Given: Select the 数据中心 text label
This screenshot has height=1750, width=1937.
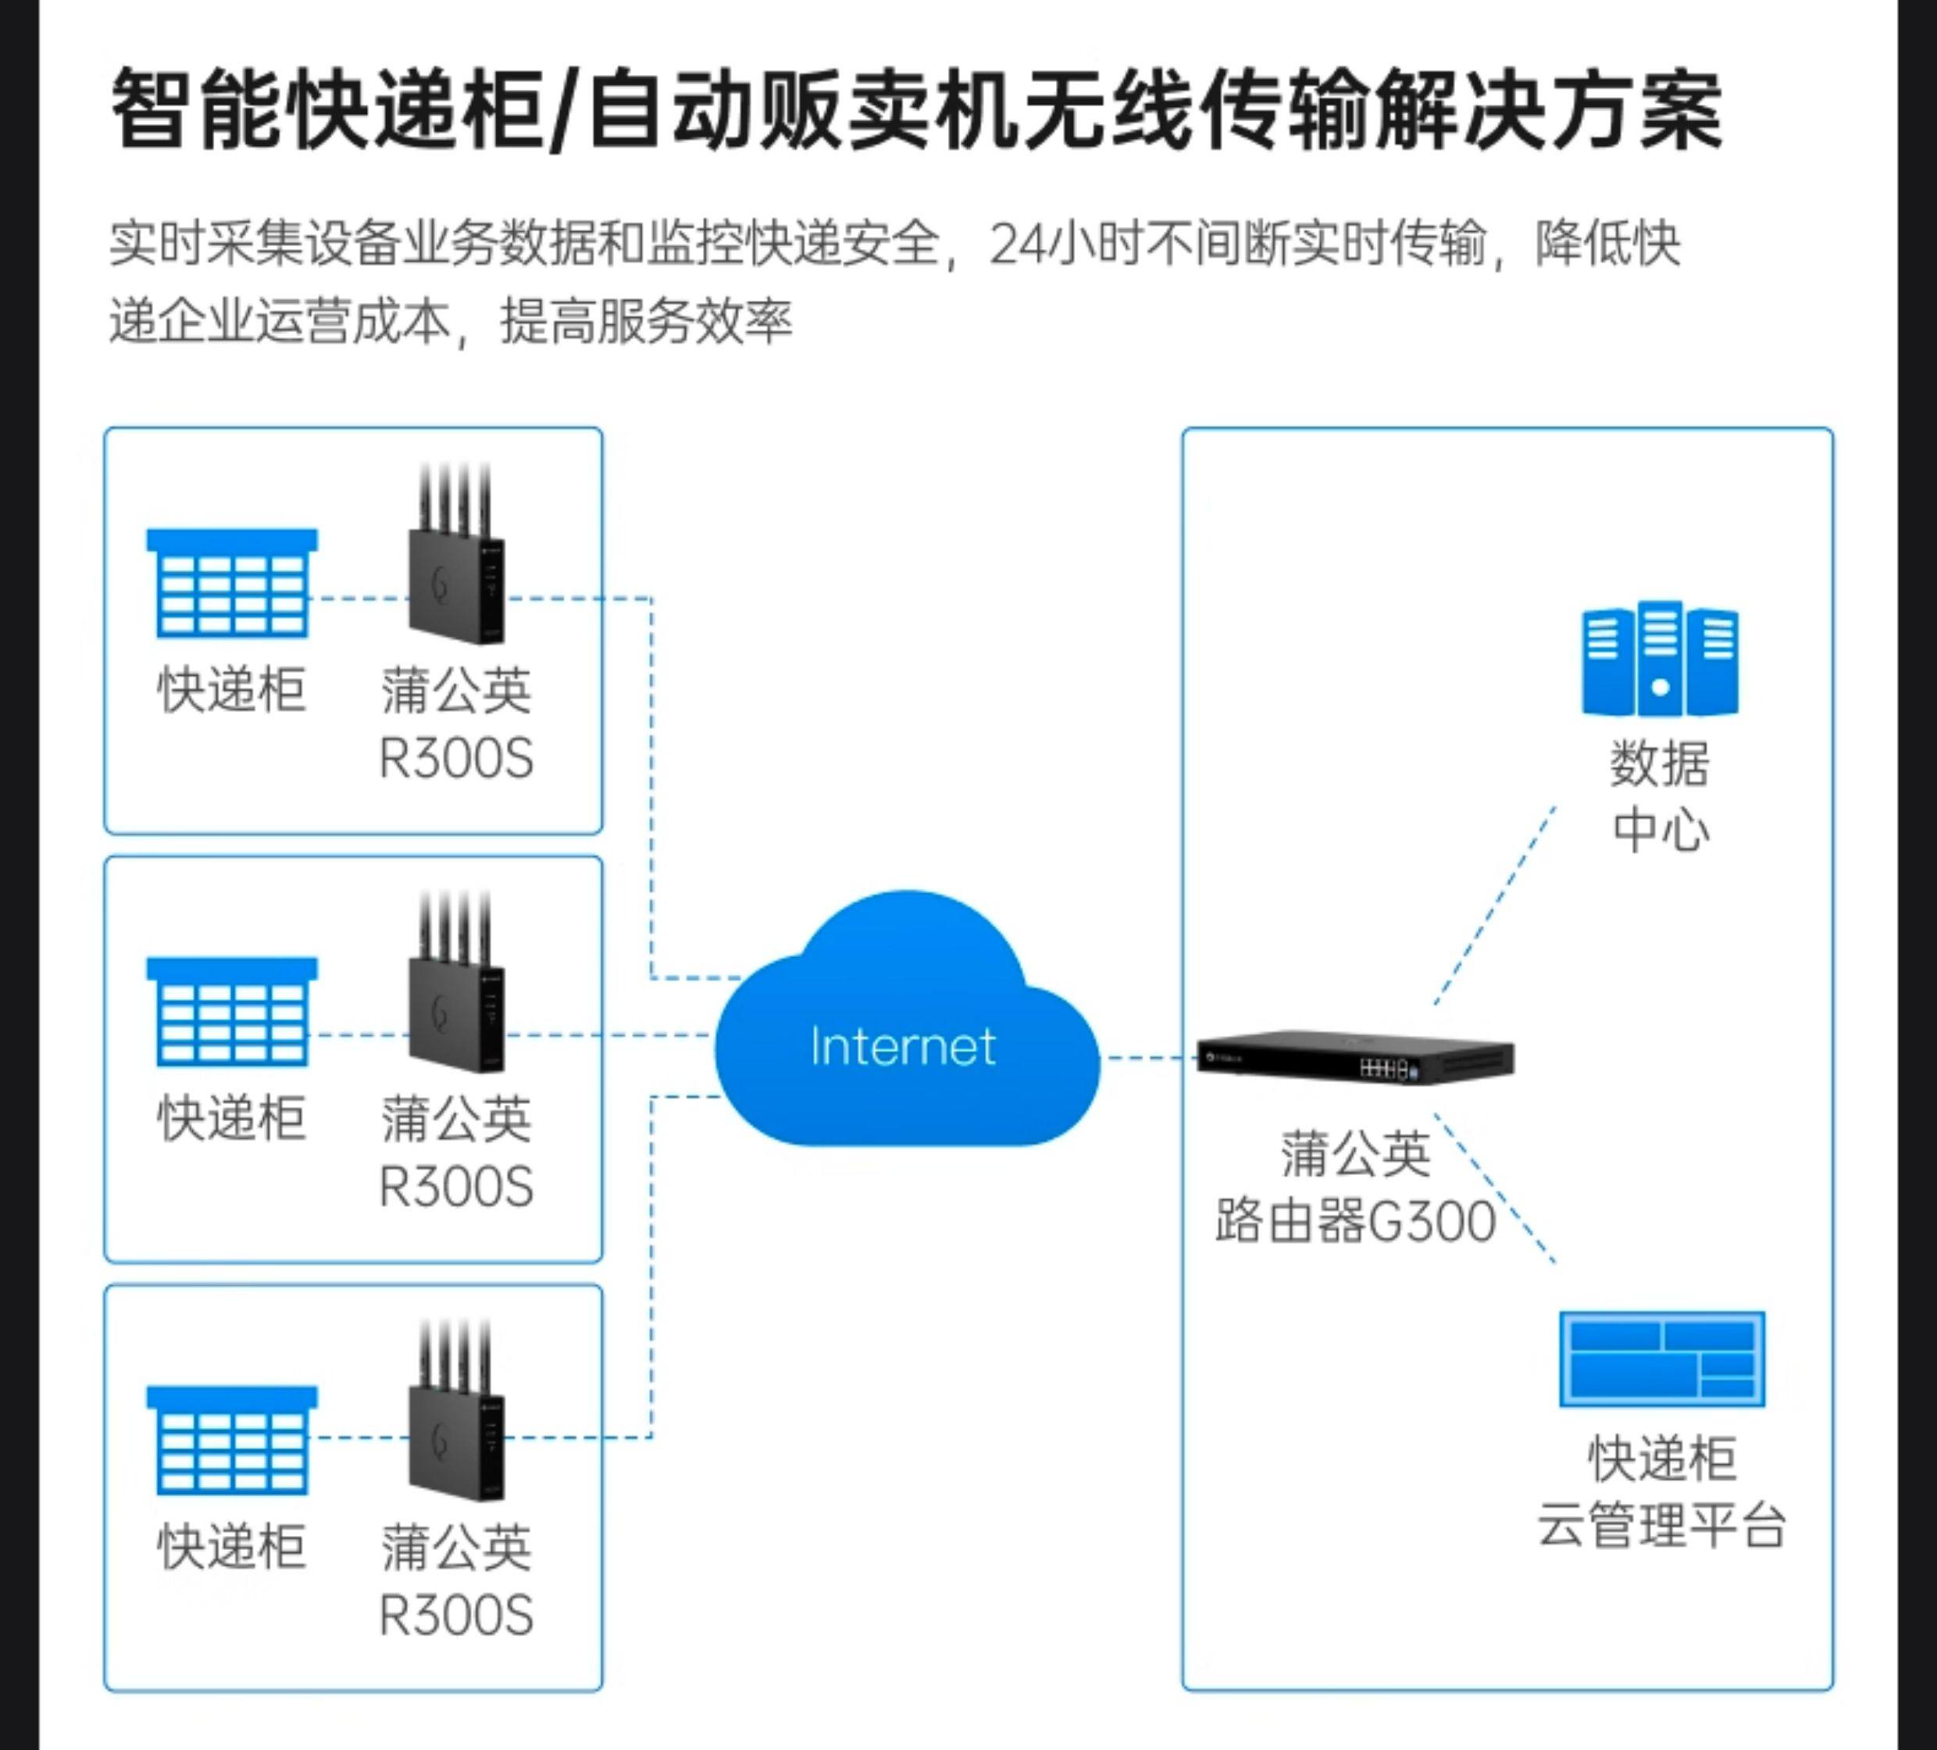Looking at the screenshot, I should click(x=1661, y=796).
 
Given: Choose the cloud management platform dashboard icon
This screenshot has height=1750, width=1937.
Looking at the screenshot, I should click(x=1661, y=1359).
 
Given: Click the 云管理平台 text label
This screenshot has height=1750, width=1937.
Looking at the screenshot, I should click(x=1661, y=1526).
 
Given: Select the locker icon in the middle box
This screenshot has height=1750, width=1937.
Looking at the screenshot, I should click(x=231, y=1011).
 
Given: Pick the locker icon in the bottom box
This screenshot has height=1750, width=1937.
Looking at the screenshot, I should click(x=231, y=1440).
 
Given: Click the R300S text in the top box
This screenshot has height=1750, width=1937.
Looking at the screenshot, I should click(x=456, y=759).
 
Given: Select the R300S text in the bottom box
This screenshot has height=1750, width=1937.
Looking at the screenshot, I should click(x=456, y=1616).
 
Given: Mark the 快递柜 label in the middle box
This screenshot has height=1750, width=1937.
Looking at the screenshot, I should click(x=231, y=1118).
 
